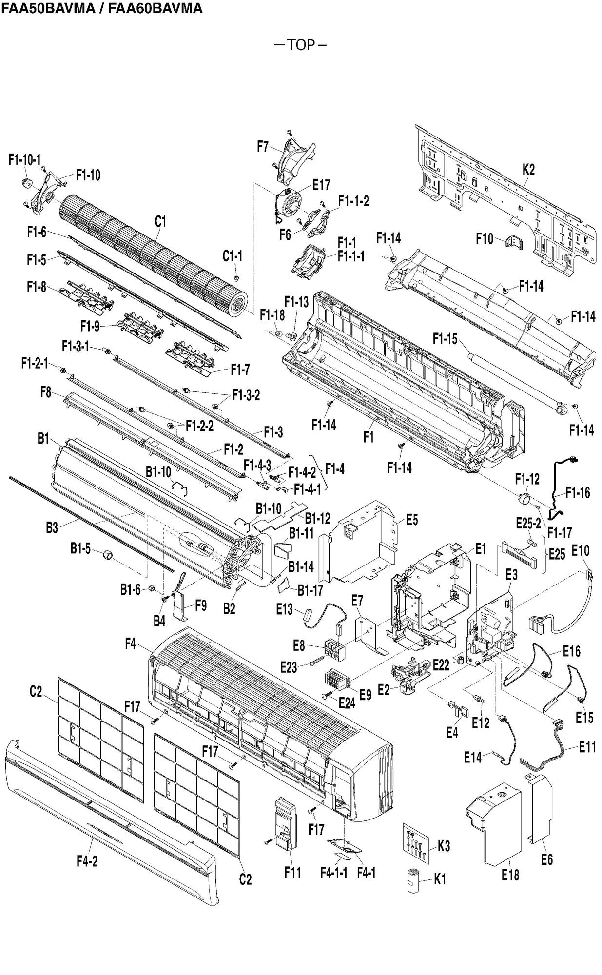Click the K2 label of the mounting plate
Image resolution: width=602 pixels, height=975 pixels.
(x=528, y=170)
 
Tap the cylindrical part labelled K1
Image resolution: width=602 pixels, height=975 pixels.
(x=414, y=879)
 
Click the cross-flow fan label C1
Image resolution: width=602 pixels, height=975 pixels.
(x=160, y=221)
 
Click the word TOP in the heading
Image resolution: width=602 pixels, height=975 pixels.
(x=300, y=45)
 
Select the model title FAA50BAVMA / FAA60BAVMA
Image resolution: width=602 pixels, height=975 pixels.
(x=101, y=8)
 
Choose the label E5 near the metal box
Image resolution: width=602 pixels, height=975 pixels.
(x=412, y=520)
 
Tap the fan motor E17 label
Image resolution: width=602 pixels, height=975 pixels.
(x=321, y=185)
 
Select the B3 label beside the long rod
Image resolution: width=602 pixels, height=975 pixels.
(x=52, y=527)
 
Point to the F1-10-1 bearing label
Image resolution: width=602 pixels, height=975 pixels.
(x=25, y=159)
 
